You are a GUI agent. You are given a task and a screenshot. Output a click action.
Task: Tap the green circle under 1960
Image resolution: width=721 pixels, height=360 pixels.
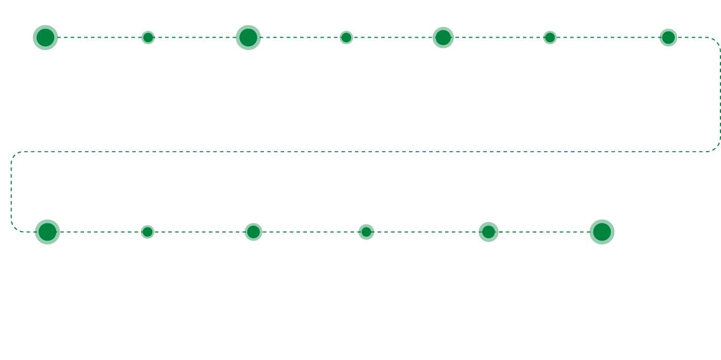148,37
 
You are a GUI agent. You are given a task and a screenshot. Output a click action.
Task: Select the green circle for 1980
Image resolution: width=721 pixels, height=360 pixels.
248,37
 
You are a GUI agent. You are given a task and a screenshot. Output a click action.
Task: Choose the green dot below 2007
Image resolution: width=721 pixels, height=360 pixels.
550,37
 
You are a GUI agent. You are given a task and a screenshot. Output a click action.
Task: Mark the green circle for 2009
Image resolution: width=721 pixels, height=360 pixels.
668,37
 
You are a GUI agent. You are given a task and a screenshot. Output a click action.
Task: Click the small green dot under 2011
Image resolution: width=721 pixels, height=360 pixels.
148,232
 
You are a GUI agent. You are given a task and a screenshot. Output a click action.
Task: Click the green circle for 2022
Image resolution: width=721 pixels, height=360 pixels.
366,232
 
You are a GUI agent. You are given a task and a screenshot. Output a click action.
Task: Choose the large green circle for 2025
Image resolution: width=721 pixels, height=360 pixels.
601,232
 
